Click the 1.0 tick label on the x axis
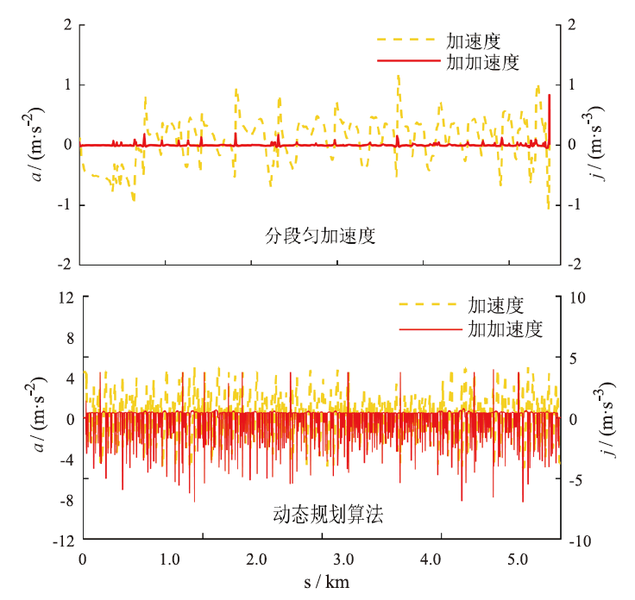point(169,558)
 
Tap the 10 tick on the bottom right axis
point(577,297)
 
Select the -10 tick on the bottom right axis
point(581,541)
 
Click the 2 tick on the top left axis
point(67,24)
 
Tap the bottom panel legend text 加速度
point(497,305)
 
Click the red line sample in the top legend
point(407,61)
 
